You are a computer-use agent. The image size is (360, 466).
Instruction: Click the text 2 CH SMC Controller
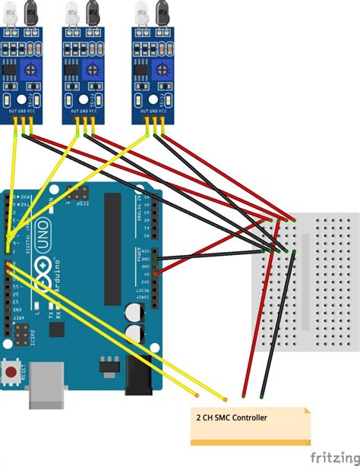[x=231, y=417]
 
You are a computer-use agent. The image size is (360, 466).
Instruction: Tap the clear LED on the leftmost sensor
[x=12, y=11]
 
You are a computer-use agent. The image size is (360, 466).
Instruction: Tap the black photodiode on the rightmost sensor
[x=160, y=11]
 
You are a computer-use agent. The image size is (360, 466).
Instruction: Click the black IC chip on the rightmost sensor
[x=141, y=68]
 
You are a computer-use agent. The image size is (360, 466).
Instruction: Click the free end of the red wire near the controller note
[x=243, y=396]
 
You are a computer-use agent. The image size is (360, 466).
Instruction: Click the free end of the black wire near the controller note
[x=262, y=396]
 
